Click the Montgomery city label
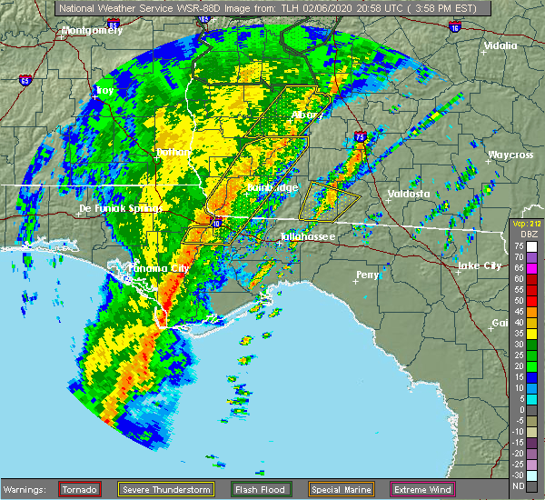click(91, 30)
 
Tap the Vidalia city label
click(500, 45)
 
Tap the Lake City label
click(479, 265)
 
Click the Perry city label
click(368, 274)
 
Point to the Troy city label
click(105, 91)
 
